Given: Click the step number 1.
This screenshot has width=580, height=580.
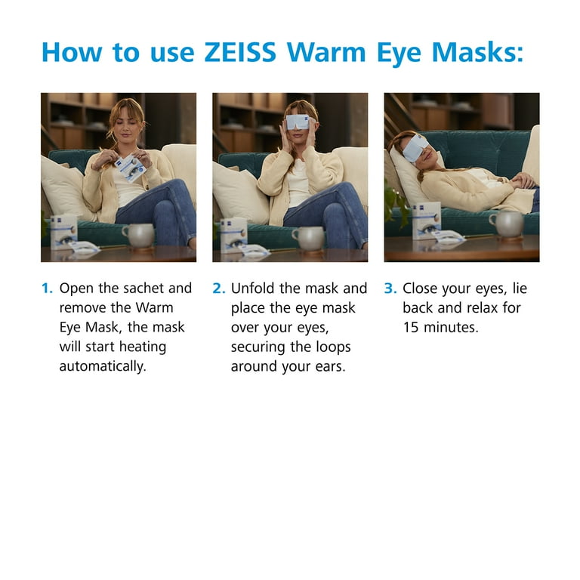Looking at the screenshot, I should (x=47, y=288).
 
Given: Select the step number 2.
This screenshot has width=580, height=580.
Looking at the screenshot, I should (x=219, y=288).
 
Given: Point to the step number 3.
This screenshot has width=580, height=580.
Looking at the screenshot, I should (x=390, y=288).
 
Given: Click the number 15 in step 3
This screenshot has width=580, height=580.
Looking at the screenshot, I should (x=412, y=328).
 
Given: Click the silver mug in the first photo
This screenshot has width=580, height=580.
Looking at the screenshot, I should (x=137, y=235).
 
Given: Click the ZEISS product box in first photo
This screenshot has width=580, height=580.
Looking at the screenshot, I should (x=64, y=230).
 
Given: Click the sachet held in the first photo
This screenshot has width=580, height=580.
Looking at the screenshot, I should (x=131, y=168).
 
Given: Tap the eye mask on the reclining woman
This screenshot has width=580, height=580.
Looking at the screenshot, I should (x=415, y=148).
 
